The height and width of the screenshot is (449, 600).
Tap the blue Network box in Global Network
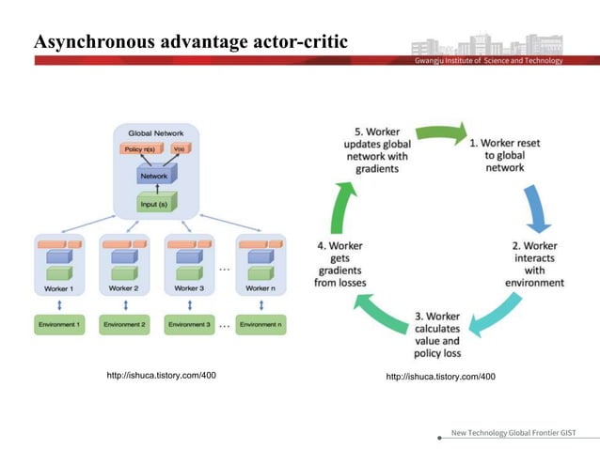(154, 175)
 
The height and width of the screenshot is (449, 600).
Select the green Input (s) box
(154, 204)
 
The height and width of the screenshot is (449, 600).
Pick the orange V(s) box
(176, 148)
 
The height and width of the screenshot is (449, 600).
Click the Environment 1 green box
(59, 325)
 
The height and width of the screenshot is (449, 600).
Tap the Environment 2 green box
(124, 325)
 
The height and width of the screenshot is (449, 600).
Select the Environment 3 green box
(189, 325)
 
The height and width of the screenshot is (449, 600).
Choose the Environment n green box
(259, 325)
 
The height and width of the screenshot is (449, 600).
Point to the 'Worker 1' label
(59, 288)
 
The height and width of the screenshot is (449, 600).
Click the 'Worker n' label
(261, 288)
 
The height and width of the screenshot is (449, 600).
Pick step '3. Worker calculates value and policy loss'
(436, 334)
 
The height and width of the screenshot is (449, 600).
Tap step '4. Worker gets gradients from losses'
(342, 265)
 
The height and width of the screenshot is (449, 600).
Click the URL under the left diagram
(162, 376)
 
